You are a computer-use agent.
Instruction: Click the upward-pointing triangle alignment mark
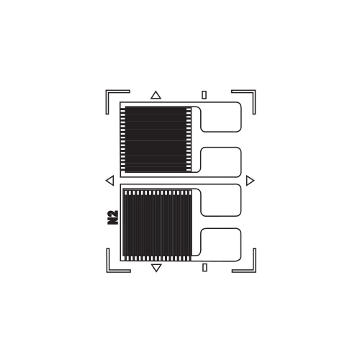pos(156,95)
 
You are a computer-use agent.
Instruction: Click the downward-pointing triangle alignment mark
pos(156,267)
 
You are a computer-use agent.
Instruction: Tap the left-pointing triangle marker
pos(110,181)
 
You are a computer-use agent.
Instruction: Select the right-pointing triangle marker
pos(250,181)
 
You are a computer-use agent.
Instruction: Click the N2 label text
pos(112,217)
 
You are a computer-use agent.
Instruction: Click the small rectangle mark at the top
pos(204,95)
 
